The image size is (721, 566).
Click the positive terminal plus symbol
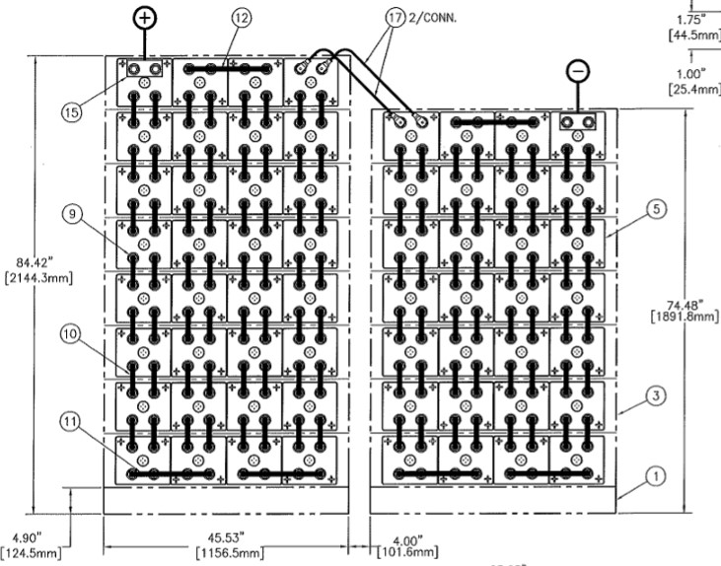[x=146, y=18]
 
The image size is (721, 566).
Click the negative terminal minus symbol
[x=578, y=71]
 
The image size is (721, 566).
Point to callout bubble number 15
[x=69, y=112]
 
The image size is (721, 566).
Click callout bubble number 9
[x=69, y=213]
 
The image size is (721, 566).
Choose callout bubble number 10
[x=69, y=335]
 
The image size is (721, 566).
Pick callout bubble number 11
[x=69, y=422]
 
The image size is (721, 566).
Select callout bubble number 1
[x=650, y=475]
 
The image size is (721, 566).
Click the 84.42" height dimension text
[x=36, y=262]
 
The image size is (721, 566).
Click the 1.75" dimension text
[x=694, y=18]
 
